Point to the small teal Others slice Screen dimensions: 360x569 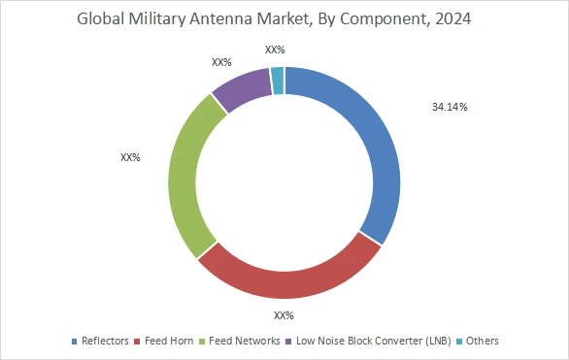click(278, 81)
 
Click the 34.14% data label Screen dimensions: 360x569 click(450, 107)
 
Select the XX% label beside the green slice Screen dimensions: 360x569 click(130, 156)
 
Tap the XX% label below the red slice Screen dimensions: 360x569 click(284, 315)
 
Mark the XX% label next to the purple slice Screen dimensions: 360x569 click(221, 62)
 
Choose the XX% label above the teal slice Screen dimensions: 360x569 click(275, 49)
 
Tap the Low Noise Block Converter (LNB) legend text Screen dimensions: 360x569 click(374, 341)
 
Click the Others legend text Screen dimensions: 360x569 click(483, 341)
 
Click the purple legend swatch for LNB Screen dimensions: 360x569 click(290, 342)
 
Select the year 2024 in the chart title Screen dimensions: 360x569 click(453, 19)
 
